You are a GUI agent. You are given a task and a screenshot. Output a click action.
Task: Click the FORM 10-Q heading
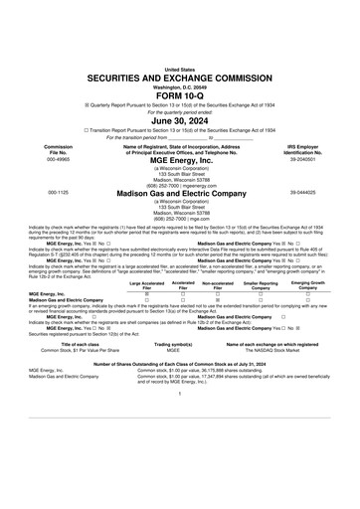pyautogui.click(x=179, y=67)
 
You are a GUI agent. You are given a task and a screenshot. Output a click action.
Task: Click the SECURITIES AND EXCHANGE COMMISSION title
pyautogui.click(x=179, y=48)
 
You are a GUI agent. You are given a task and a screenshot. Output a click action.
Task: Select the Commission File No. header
pyautogui.click(x=32, y=147)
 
